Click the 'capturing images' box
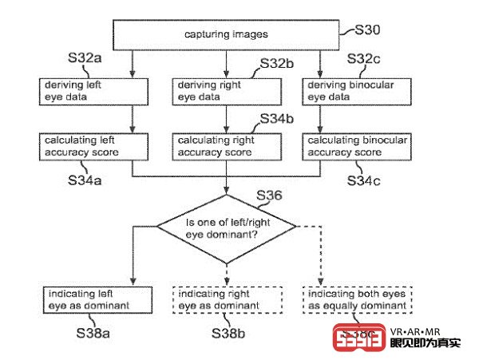[x=227, y=34]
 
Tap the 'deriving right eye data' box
[x=228, y=90]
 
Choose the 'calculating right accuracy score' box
[x=228, y=146]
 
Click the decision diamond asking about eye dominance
[x=227, y=228]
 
